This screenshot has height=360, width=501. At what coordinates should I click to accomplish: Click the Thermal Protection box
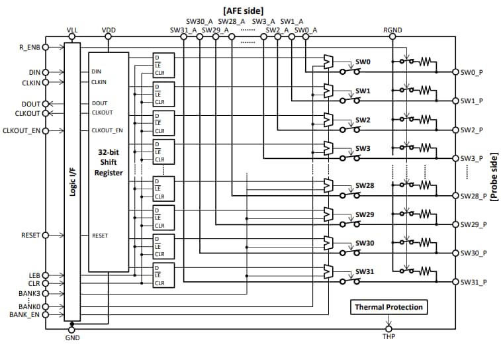[x=388, y=307]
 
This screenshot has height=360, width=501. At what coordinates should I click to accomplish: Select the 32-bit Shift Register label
[x=108, y=161]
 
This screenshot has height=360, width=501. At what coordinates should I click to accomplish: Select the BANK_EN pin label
[x=25, y=314]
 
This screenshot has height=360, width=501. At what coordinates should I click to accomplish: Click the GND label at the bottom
[x=72, y=337]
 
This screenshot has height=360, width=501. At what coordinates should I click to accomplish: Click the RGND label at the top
[x=392, y=30]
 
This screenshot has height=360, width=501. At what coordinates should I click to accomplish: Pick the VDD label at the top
[x=109, y=30]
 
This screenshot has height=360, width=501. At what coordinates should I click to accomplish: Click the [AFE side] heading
[x=244, y=10]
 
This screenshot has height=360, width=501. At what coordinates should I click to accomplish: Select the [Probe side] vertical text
[x=493, y=173]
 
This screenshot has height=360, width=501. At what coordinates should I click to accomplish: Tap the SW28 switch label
[x=365, y=186]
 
